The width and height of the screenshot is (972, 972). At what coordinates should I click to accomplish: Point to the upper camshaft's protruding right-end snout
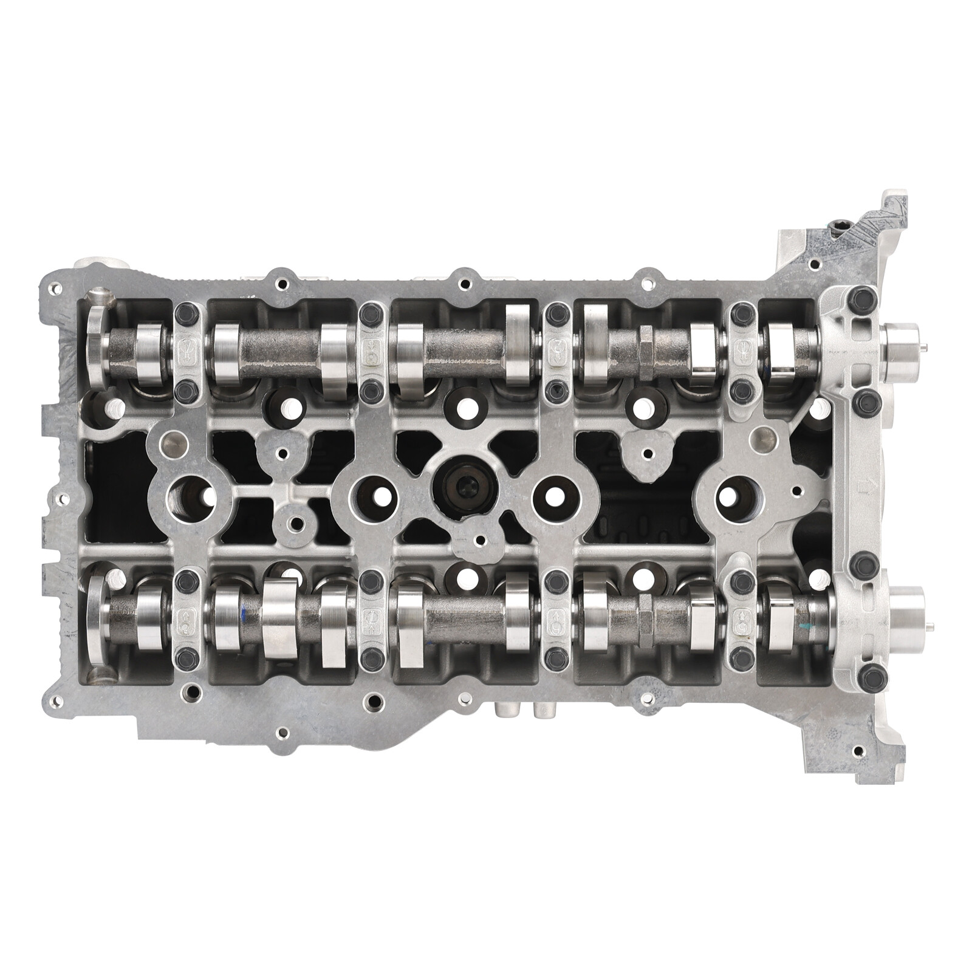902,347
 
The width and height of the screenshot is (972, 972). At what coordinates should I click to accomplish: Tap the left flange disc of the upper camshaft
97,349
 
